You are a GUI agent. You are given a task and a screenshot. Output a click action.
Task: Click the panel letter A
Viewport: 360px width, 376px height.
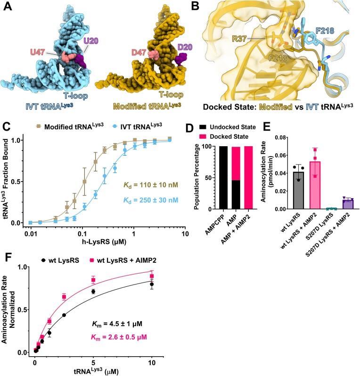[6, 6]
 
